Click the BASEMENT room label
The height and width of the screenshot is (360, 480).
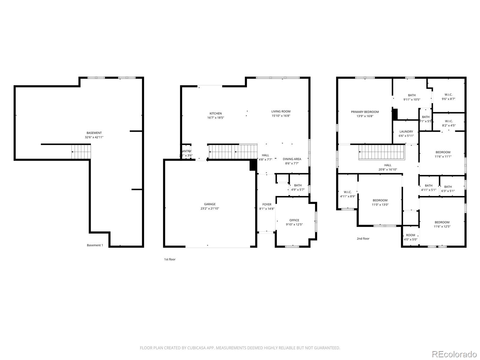pos(94,133)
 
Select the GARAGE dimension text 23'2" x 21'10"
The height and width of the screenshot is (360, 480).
pos(210,208)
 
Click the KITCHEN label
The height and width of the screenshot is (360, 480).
pos(215,113)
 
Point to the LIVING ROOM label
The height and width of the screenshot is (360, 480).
pos(281,111)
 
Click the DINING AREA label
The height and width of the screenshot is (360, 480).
pos(292,159)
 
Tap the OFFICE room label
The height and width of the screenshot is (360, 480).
pos(294,220)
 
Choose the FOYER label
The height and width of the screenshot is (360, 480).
pos(267,205)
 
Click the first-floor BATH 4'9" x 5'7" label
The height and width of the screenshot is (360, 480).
pos(298,185)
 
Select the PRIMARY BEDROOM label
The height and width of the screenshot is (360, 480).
pos(365,112)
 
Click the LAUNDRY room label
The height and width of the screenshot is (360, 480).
pos(406,131)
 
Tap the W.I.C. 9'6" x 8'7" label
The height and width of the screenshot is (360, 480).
pos(448,95)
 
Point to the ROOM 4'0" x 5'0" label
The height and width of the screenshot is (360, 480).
pos(410,235)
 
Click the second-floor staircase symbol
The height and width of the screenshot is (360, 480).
pos(382,152)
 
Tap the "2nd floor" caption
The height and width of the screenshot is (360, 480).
pos(363,239)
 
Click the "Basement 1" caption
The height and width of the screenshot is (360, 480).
pos(95,245)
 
